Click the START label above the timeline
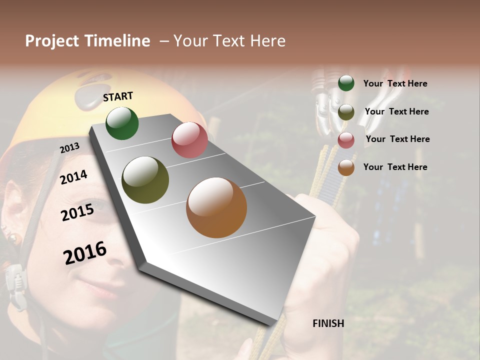coord(118,96)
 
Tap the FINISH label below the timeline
coord(328,323)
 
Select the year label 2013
coord(69,148)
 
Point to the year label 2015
coord(77,212)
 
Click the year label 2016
coord(85,253)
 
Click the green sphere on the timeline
coord(122,123)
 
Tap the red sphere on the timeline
coord(189,140)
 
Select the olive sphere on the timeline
coord(145,180)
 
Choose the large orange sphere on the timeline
coord(216,207)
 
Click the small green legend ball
coord(346,83)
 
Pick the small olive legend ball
coord(346,112)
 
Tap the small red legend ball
coord(346,140)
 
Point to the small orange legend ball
coord(346,167)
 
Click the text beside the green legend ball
coord(395,83)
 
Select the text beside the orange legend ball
coord(395,167)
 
